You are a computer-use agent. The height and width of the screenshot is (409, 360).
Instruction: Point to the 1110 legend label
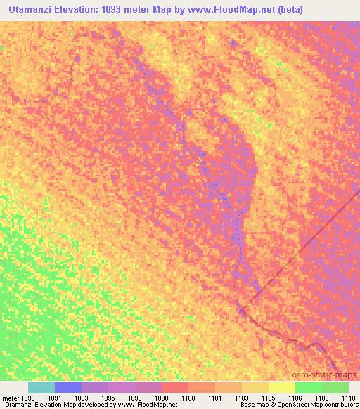point(348,398)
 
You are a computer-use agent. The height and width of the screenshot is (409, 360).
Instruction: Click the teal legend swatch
point(41,387)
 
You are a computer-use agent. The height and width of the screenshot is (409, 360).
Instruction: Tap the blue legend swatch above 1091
point(68,387)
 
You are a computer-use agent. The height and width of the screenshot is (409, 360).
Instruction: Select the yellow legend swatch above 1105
point(255,387)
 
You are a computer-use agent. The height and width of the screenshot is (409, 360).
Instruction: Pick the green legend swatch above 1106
point(309,387)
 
